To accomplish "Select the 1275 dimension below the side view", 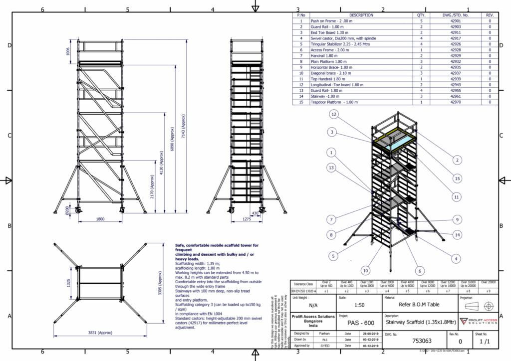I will click(246, 218).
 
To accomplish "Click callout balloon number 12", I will click(334, 115).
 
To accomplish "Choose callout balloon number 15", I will click(457, 178).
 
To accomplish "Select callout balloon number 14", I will click(457, 234).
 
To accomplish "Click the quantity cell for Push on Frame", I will click(421, 21).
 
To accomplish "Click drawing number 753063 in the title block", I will click(407, 342).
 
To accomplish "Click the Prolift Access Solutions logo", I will click(479, 322).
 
